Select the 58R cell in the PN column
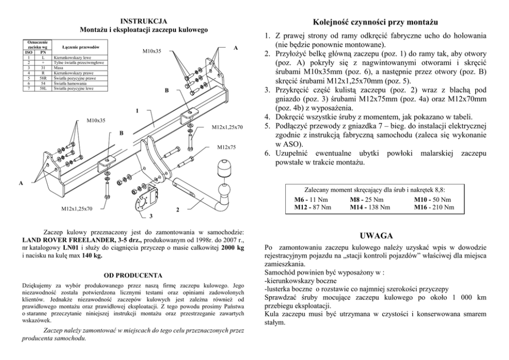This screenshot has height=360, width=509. coord(43,79)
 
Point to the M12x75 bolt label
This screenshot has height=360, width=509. coord(226,147)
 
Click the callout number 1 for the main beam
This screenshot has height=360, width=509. coord(138,110)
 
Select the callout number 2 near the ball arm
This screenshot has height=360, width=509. coord(177,210)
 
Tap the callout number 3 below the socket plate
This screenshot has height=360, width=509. coord(151,215)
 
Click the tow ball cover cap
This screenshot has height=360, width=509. coord(225,168)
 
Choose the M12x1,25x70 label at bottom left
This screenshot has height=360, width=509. coord(77,209)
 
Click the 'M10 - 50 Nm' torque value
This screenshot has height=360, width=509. coord(433,199)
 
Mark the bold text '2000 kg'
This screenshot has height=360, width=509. coord(231,248)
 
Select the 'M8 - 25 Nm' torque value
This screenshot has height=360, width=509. coord(366,199)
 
